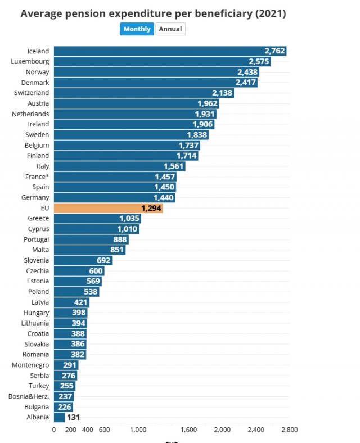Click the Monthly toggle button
pyautogui.click(x=137, y=29)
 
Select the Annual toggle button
pyautogui.click(x=170, y=29)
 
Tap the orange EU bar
pyautogui.click(x=108, y=208)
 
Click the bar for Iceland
pyautogui.click(x=170, y=51)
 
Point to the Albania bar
pyautogui.click(x=59, y=417)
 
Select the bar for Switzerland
pyautogui.click(x=144, y=93)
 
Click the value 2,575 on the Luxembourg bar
pyautogui.click(x=259, y=61)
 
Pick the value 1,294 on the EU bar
pyautogui.click(x=151, y=208)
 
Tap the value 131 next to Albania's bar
pyautogui.click(x=73, y=417)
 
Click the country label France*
pyautogui.click(x=37, y=177)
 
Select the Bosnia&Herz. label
pyautogui.click(x=29, y=396)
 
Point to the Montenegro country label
pyautogui.click(x=30, y=365)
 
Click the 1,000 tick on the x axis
pyautogui.click(x=138, y=430)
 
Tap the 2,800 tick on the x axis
pyautogui.click(x=290, y=430)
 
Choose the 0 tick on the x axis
pyautogui.click(x=54, y=430)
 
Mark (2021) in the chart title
pyautogui.click(x=271, y=13)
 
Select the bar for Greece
pyautogui.click(x=97, y=218)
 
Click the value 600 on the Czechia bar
pyautogui.click(x=96, y=271)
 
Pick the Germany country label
pyautogui.click(x=35, y=197)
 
